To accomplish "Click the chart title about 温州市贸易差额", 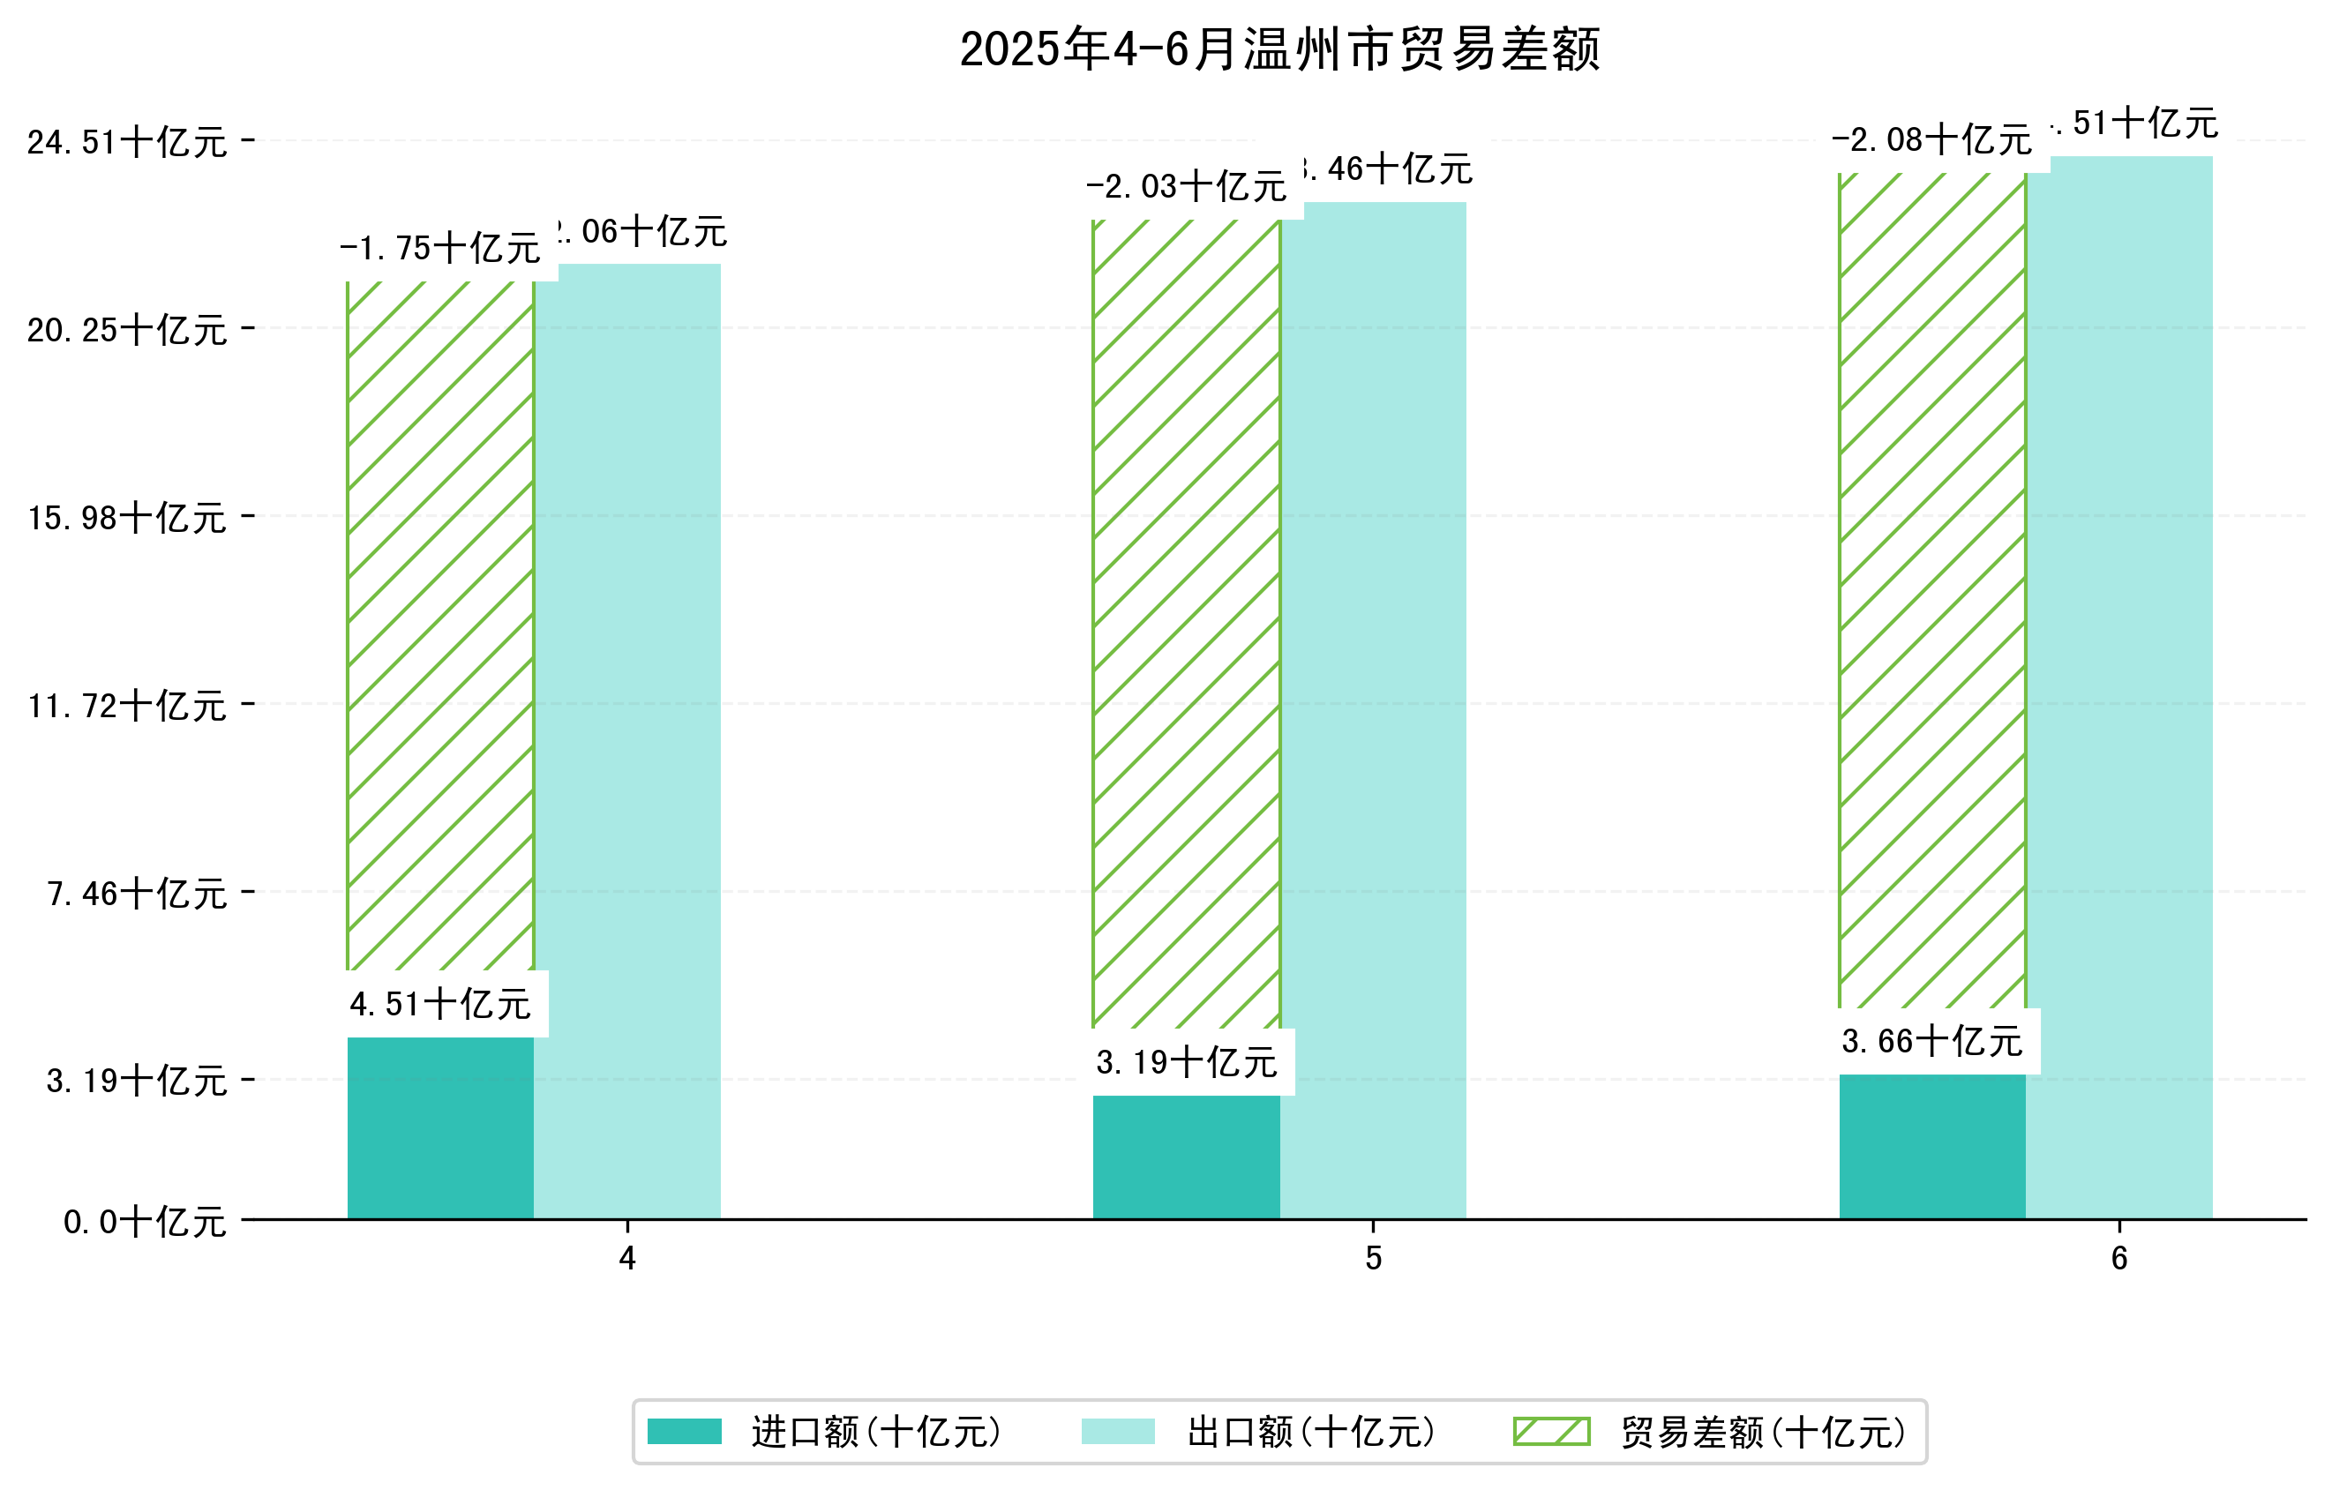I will click(x=1278, y=49).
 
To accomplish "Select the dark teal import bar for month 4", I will click(x=439, y=1128).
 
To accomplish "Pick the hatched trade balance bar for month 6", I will click(x=1932, y=590).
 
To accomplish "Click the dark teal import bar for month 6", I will click(x=1932, y=1146).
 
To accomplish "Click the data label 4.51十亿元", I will click(x=439, y=1005).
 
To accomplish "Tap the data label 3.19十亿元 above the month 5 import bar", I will click(x=1187, y=1063).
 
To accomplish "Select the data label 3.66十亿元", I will click(x=1932, y=1042).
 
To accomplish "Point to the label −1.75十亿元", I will click(x=439, y=249).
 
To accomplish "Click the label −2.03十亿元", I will click(x=1187, y=187).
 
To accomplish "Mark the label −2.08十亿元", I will click(x=1932, y=140).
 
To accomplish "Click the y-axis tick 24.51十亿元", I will click(x=127, y=142).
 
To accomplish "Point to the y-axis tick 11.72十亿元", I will click(x=127, y=706).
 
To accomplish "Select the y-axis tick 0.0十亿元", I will click(x=146, y=1222).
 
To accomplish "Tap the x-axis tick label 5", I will click(x=1372, y=1259).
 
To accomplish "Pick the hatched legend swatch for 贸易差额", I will click(x=1551, y=1431).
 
